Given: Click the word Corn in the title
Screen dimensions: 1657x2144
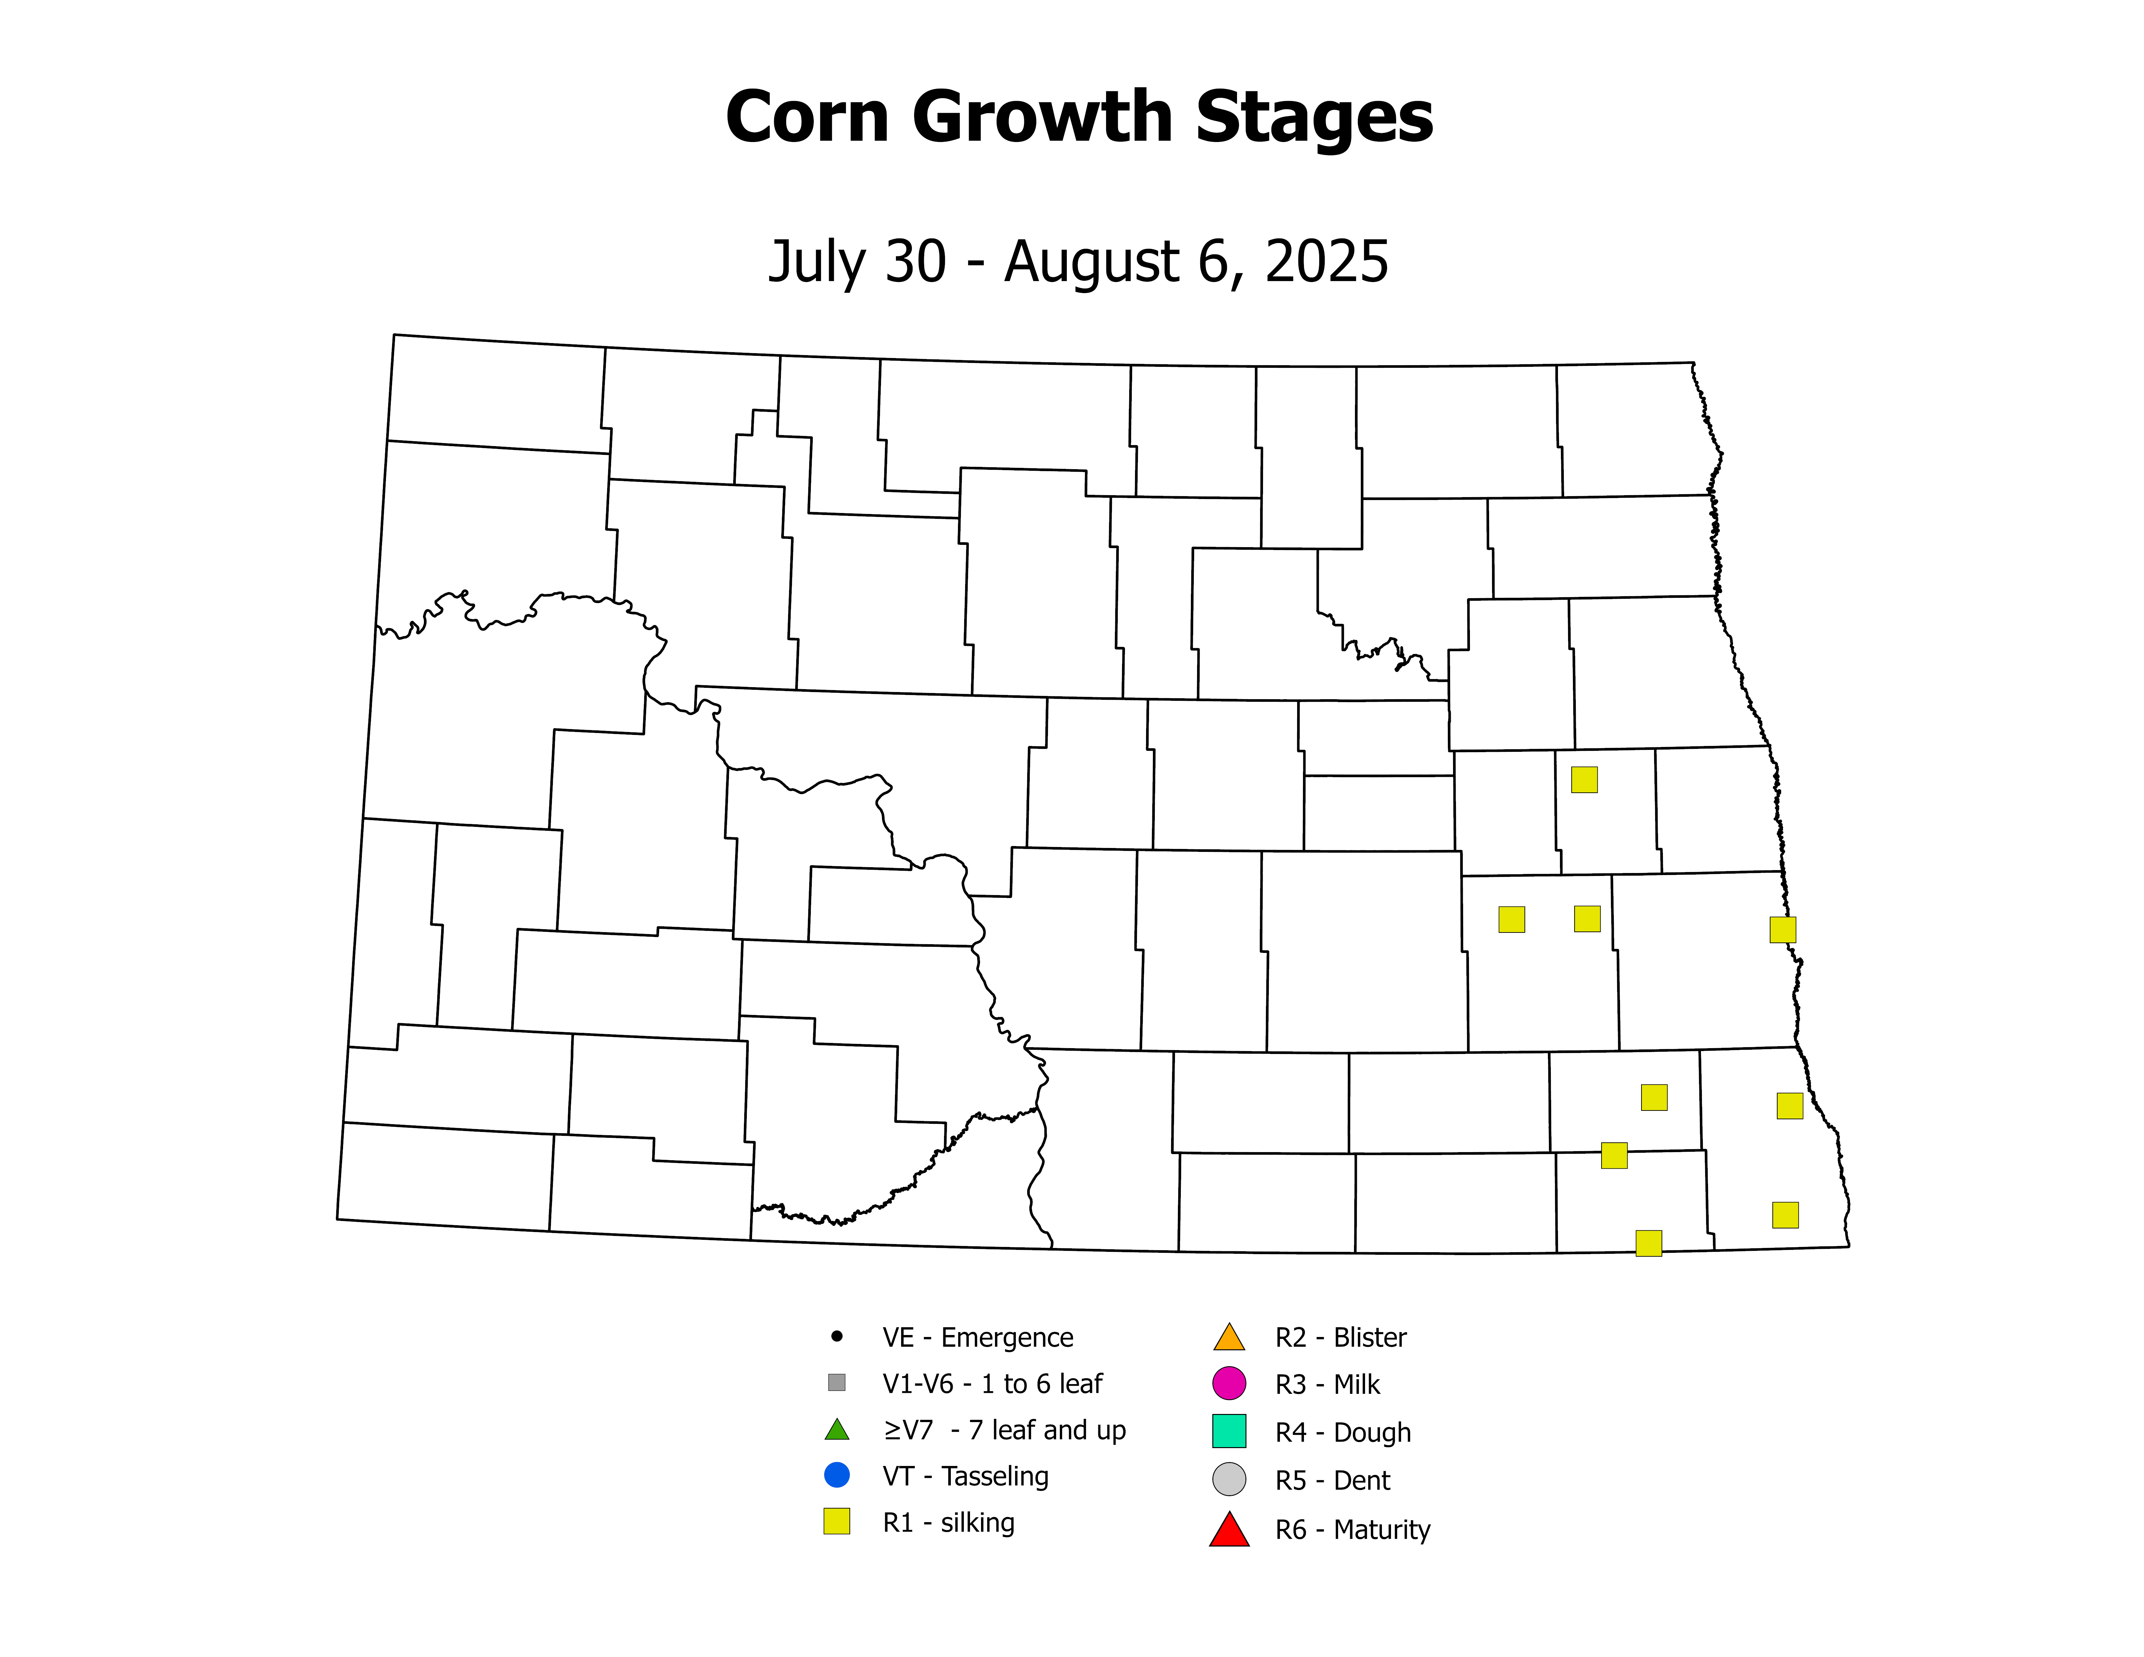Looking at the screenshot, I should coord(807,118).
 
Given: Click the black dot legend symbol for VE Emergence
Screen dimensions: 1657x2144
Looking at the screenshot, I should coord(836,1336).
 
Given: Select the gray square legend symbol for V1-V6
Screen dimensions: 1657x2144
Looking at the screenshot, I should coord(836,1382).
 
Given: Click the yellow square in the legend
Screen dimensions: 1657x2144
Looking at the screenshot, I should coord(836,1522).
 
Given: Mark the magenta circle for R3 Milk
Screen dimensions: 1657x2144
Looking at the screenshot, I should coord(1229,1383).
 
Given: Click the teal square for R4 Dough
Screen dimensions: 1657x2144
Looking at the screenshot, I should coord(1229,1431).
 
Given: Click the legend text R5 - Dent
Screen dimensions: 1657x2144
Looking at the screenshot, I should coord(1332,1480).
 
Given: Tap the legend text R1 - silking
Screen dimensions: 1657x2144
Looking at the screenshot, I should coord(948,1522).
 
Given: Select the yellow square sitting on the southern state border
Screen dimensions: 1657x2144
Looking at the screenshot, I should coord(1648,1243).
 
